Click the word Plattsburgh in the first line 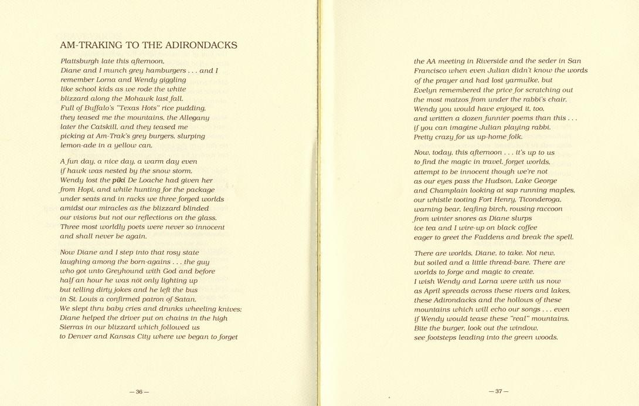click(x=79, y=61)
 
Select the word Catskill click(x=90, y=127)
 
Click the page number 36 click(x=140, y=392)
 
